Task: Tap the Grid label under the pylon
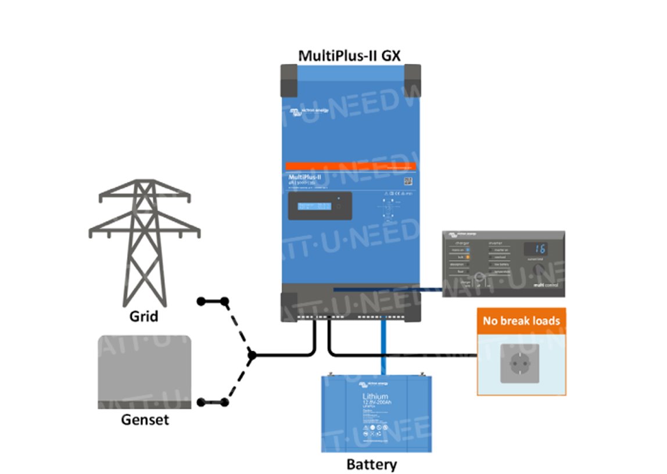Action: tap(144, 317)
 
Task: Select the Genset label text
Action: tap(145, 419)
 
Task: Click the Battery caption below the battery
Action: tap(372, 464)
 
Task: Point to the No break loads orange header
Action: tap(521, 321)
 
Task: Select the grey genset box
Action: tap(144, 371)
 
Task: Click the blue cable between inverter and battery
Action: tap(383, 349)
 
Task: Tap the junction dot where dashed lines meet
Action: tap(252, 354)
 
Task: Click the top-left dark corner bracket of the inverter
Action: tap(290, 80)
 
